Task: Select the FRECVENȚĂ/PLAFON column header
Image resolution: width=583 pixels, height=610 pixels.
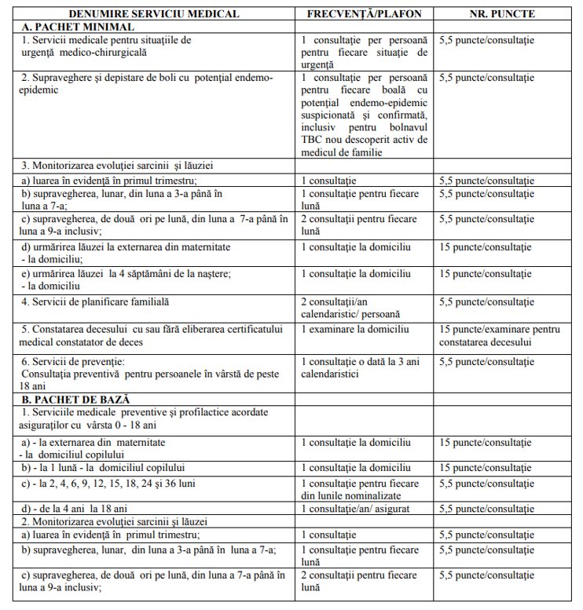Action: click(x=365, y=14)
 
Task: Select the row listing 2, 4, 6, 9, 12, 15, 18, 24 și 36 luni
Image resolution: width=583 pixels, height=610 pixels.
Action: click(x=121, y=483)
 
